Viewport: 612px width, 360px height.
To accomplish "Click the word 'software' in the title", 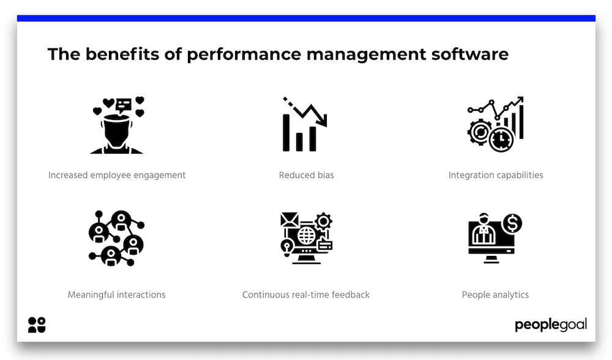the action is point(469,54).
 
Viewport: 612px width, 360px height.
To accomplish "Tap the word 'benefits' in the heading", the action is point(122,54).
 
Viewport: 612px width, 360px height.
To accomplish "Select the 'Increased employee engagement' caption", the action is point(117,175).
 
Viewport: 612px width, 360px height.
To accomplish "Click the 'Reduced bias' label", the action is point(307,175).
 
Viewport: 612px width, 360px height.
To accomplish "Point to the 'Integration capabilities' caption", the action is point(496,175).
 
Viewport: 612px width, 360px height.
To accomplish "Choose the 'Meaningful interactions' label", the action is point(117,294).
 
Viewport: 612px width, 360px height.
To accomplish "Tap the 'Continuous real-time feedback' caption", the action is point(306,294).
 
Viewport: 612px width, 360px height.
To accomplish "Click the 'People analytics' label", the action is point(495,294).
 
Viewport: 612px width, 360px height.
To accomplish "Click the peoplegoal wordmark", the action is point(551,325).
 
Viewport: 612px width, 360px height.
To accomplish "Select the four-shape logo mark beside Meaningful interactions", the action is point(37,325).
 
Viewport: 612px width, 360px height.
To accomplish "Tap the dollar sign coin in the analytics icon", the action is point(512,223).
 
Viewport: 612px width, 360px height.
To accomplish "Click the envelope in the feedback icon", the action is point(289,220).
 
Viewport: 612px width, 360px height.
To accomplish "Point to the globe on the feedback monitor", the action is point(307,236).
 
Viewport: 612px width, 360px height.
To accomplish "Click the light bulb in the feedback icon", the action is point(287,247).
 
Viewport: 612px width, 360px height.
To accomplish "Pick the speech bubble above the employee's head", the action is point(124,105).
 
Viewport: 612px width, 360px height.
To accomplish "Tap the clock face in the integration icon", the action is point(501,140).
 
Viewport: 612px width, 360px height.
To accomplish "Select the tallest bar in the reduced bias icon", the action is point(286,133).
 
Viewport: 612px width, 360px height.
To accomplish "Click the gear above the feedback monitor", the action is point(323,222).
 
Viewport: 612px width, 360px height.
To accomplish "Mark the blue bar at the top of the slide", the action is point(306,18).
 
